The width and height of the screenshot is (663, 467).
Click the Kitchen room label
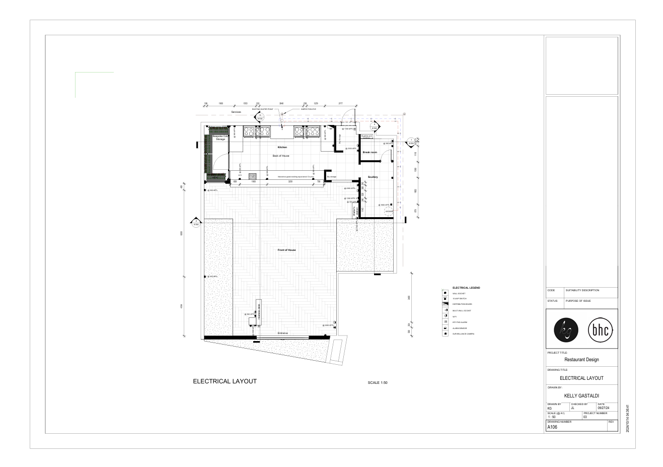(282, 147)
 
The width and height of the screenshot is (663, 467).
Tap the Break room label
(370, 152)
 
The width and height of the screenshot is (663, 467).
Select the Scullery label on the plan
(373, 177)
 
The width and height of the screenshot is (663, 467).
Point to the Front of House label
(286, 250)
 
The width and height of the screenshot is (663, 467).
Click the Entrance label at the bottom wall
(283, 333)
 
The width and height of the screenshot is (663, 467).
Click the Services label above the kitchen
(236, 112)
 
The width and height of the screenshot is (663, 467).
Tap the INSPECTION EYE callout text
(308, 109)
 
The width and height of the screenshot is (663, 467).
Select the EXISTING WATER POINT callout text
(263, 109)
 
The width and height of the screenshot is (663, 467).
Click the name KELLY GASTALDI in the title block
(581, 396)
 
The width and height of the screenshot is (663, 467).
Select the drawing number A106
(552, 427)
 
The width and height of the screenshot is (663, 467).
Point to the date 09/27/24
(604, 408)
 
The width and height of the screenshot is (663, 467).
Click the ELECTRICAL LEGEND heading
(466, 288)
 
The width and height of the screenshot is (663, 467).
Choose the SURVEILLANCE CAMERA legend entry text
(463, 334)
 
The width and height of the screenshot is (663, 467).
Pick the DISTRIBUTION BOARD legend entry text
(462, 304)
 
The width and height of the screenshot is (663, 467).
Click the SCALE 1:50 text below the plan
(378, 383)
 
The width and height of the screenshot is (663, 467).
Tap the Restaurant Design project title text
(581, 360)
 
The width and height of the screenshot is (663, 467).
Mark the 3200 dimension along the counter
(290, 181)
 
